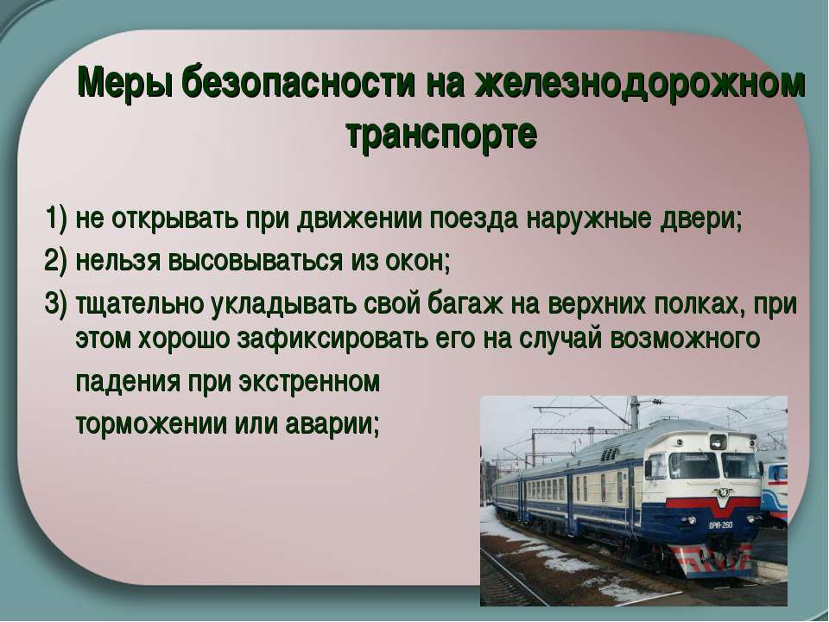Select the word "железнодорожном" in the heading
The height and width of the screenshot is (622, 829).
[x=640, y=82]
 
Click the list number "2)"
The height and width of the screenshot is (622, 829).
[x=57, y=260]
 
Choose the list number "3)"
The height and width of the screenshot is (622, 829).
[x=57, y=303]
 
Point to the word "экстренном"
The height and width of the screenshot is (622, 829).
[x=309, y=382]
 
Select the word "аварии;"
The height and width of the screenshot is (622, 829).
[x=332, y=424]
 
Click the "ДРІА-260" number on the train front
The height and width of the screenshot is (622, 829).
[x=720, y=525]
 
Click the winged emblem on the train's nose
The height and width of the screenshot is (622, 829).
[x=722, y=493]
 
